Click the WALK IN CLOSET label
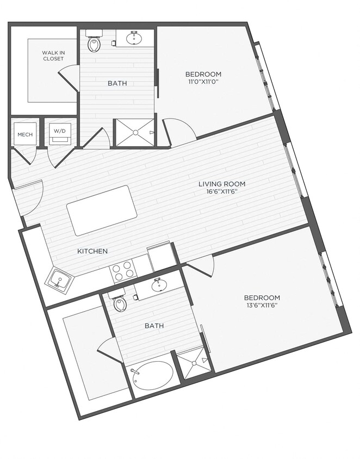click(53, 56)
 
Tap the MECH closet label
click(23, 134)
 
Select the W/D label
click(57, 131)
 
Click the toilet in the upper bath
click(95, 42)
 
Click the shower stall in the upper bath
click(134, 132)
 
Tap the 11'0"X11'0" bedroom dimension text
click(203, 82)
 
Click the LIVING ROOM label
click(218, 184)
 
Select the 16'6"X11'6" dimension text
click(218, 192)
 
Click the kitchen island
click(102, 210)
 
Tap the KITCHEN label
click(92, 251)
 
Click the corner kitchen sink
click(59, 281)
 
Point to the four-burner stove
click(123, 270)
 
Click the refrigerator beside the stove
click(162, 256)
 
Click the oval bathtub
click(153, 375)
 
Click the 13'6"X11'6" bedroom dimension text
click(262, 306)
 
